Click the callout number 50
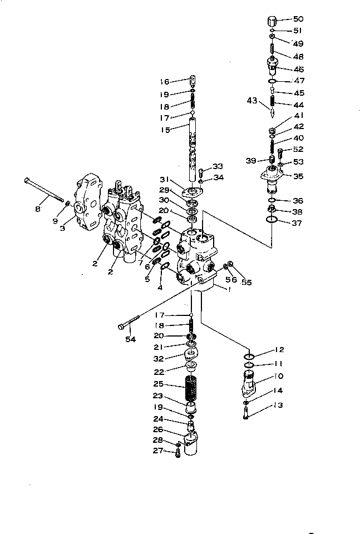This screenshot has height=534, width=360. pos(298,19)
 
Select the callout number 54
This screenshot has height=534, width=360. pos(130,339)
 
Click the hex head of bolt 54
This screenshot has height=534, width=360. pos(121,327)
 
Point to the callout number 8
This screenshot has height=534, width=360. pos(38,209)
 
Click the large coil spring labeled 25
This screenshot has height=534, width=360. pos(191,389)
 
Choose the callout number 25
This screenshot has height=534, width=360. pos(159,384)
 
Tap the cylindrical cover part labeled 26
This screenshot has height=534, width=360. pos(191,443)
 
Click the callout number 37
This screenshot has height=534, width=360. pos(297,223)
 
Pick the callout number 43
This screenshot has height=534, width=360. pos(252,101)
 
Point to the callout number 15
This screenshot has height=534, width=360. pos(165,130)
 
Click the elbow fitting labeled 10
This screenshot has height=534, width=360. pos(249,384)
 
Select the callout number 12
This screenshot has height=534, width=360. pos(279,350)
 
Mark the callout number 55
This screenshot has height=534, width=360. pos(246,283)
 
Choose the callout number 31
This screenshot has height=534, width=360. pos(165,180)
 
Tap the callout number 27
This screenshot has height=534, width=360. pos(157,451)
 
